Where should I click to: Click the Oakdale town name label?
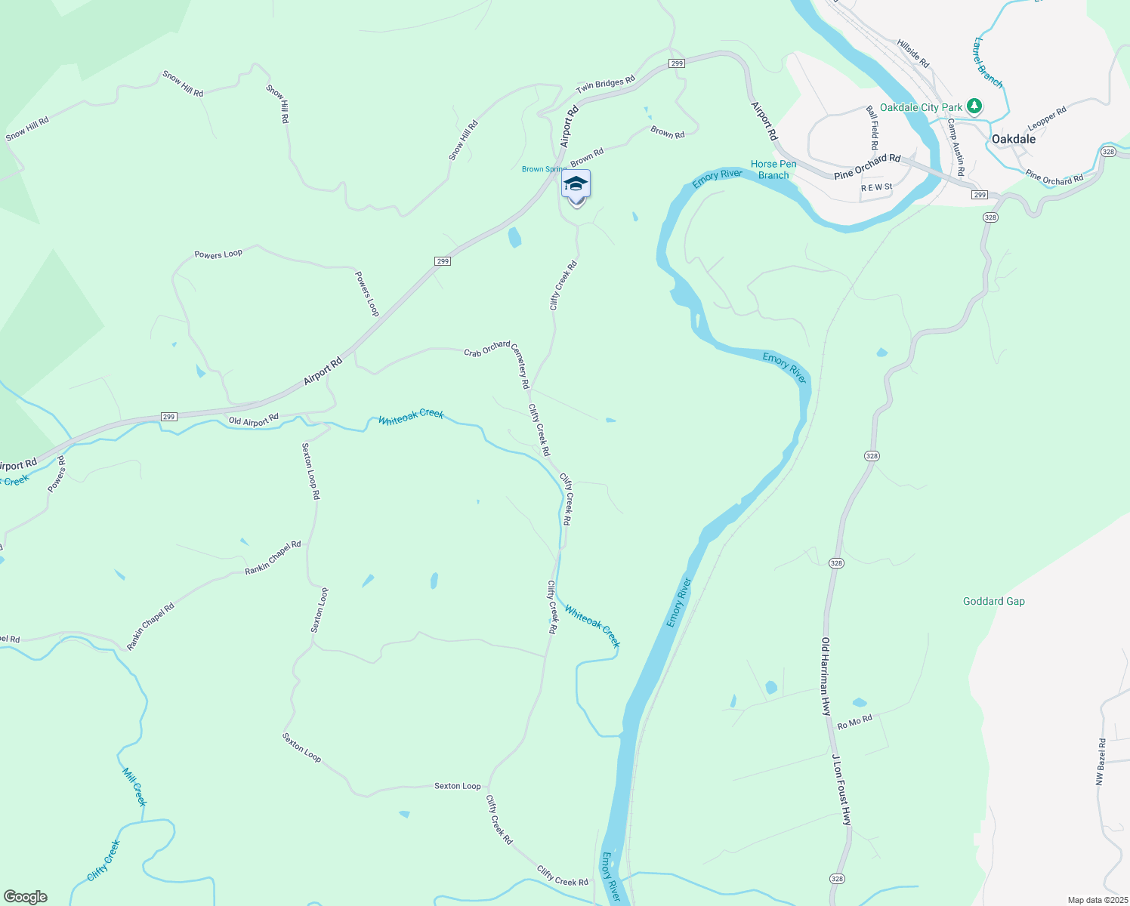point(1013,139)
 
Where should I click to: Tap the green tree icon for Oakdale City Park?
point(974,106)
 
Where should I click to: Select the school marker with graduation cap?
point(576,186)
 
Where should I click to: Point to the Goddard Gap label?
point(993,602)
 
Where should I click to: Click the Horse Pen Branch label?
point(773,170)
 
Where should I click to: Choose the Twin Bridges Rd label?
point(606,85)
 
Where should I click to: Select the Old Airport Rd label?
point(254,420)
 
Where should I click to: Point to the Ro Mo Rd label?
point(854,722)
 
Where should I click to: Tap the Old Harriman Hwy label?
point(826,676)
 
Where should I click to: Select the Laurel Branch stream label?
point(988,63)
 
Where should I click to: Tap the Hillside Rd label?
point(913,54)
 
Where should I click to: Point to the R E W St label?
point(876,187)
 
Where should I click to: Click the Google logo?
point(26,897)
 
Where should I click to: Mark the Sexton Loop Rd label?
point(311,471)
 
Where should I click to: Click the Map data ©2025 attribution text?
point(1097,900)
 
